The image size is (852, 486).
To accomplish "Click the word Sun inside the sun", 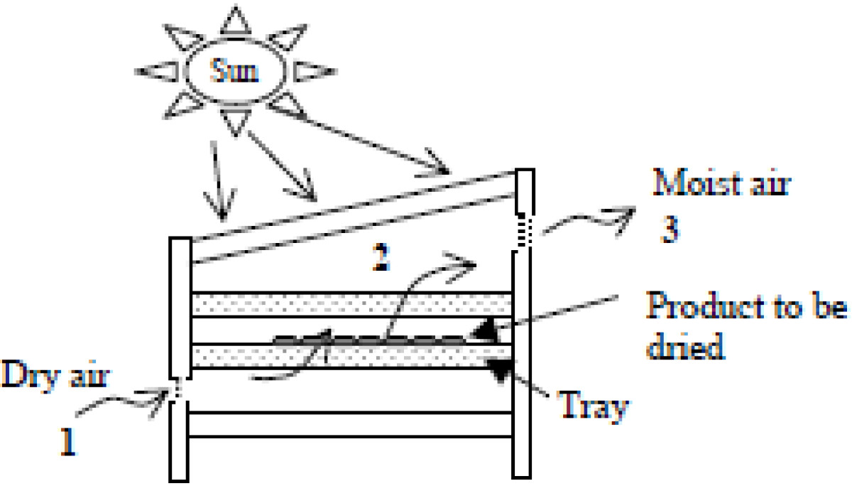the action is point(234,70).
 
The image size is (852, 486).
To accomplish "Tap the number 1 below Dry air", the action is point(68,441).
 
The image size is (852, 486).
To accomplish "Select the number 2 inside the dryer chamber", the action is point(381,257).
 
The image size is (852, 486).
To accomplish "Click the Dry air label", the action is point(55,374).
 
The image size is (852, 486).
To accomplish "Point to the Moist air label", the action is point(721,183).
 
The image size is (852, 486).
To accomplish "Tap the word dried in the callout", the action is point(686,345).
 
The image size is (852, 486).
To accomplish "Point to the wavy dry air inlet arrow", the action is point(121,401).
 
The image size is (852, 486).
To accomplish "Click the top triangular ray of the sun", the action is point(236,20).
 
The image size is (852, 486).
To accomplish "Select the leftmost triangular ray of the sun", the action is point(158,71).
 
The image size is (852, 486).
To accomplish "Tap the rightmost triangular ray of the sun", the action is point(315,71).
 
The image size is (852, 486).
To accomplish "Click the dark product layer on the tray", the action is point(370,340).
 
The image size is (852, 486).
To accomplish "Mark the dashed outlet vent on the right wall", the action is point(525,230).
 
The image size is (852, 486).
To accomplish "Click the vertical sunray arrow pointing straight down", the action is point(219,180).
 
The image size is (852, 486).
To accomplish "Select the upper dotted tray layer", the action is point(351,305).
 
